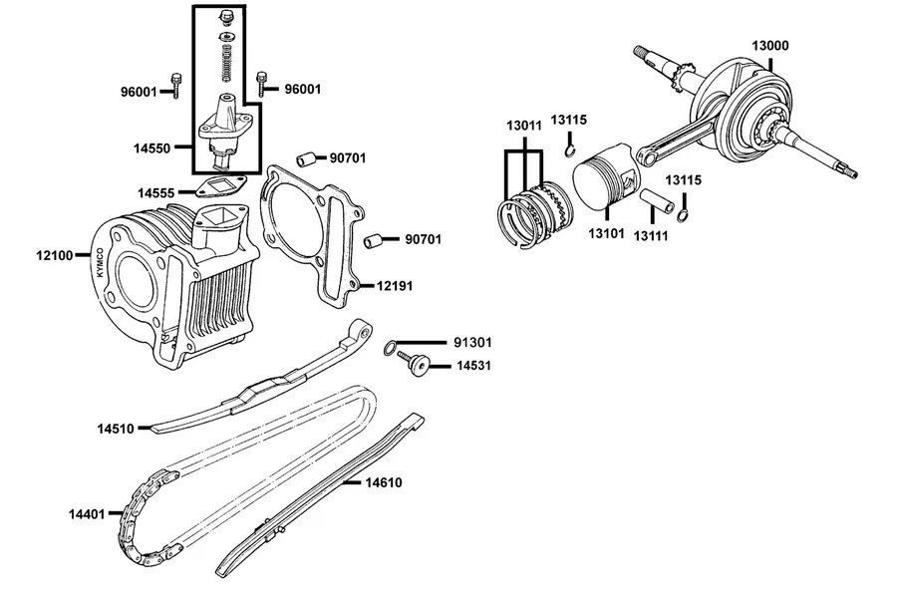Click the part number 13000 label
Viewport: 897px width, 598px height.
[770, 46]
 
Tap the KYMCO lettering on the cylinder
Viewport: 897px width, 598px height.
[101, 263]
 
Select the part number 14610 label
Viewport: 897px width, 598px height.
[384, 483]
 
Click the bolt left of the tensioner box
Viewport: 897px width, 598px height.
[176, 86]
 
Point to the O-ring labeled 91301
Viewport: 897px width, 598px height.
[390, 348]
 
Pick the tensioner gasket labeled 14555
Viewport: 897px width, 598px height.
[219, 186]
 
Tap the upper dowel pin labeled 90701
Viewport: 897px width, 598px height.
[306, 158]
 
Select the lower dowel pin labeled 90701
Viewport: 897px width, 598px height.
[373, 240]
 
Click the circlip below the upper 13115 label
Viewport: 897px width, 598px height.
[570, 150]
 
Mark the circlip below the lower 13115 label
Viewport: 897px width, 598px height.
[683, 215]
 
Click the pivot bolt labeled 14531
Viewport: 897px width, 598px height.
[416, 364]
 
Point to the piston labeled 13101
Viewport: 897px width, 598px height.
[604, 178]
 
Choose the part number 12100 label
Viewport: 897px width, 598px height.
[55, 256]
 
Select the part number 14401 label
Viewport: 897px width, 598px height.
[87, 514]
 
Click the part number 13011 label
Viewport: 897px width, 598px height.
[524, 126]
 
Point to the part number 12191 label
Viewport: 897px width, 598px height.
[395, 286]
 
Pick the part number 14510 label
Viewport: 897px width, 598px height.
[116, 429]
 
